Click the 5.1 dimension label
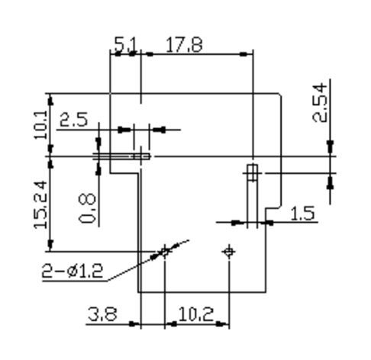(126, 44)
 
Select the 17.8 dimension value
(184, 45)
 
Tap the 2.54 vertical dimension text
(320, 102)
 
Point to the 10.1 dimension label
(40, 124)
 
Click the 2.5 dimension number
(73, 119)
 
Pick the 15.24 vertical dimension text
(40, 204)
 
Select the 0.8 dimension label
(87, 208)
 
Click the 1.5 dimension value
(302, 213)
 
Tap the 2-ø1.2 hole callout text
(73, 271)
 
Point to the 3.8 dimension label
(102, 313)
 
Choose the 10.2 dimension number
(196, 314)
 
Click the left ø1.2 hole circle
(165, 252)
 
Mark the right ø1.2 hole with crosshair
(229, 252)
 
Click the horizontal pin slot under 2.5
(121, 156)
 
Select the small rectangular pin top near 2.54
(252, 172)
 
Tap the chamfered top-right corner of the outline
(280, 95)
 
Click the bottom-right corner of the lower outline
(266, 292)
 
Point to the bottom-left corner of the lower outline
(138, 292)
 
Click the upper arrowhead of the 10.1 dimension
(50, 100)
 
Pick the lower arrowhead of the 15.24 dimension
(50, 245)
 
